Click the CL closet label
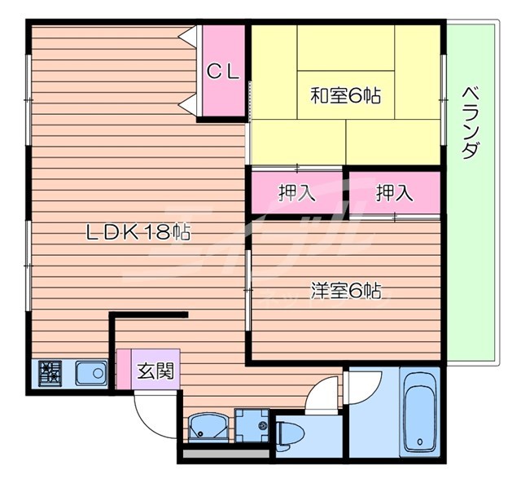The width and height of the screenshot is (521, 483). pyautogui.click(x=222, y=72)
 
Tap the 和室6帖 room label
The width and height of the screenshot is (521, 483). pyautogui.click(x=345, y=95)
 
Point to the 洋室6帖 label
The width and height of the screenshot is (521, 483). pyautogui.click(x=345, y=289)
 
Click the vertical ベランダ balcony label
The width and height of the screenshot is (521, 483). pyautogui.click(x=470, y=123)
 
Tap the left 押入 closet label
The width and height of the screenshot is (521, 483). pyautogui.click(x=296, y=193)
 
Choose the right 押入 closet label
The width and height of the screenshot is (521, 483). pyautogui.click(x=394, y=193)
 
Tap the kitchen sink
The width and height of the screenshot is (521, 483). pyautogui.click(x=91, y=374)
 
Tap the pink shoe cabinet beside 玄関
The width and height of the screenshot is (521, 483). pyautogui.click(x=124, y=370)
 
